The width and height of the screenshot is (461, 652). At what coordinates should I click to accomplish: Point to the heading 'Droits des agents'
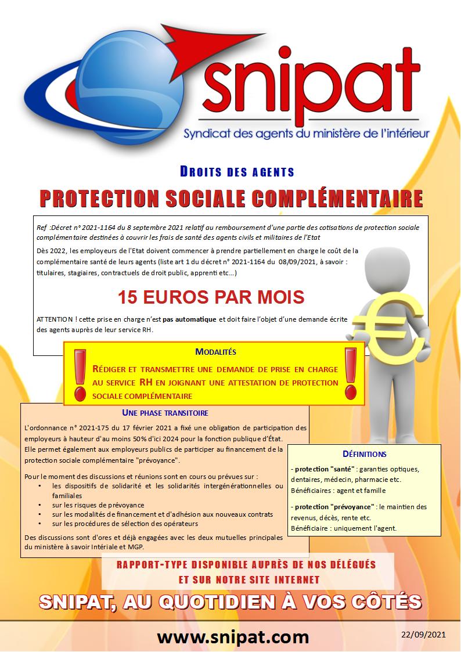(x=237, y=172)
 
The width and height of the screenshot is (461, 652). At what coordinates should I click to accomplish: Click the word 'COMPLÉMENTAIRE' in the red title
(x=330, y=198)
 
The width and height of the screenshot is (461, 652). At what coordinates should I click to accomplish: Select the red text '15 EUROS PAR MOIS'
(x=211, y=297)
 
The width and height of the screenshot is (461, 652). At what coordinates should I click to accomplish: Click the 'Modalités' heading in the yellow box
(x=216, y=352)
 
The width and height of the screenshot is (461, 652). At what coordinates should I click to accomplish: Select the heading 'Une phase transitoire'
(x=165, y=413)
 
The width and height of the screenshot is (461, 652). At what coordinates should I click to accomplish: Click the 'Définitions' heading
(x=365, y=454)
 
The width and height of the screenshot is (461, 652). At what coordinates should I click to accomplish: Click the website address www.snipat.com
(x=233, y=637)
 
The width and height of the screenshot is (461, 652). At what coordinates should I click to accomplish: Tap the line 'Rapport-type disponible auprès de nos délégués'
(x=246, y=564)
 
